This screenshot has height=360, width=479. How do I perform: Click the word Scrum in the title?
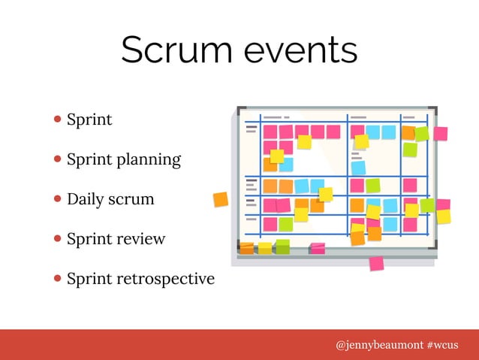[175, 50]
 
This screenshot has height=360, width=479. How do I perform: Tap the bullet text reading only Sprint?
[89, 119]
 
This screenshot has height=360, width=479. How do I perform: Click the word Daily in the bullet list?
[85, 200]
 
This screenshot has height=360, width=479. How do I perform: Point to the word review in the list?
[140, 239]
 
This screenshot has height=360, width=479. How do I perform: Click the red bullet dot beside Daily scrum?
[58, 200]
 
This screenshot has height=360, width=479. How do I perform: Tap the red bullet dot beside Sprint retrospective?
[58, 279]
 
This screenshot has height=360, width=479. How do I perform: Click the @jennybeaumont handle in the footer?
[378, 344]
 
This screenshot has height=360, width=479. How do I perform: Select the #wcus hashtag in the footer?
[443, 344]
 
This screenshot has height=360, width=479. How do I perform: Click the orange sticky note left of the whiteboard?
[220, 199]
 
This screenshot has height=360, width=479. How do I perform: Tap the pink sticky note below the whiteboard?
[376, 263]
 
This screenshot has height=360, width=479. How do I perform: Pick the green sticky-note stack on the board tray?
[282, 247]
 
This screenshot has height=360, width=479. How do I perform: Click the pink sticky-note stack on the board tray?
[318, 247]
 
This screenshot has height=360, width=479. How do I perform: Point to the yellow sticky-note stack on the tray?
[264, 247]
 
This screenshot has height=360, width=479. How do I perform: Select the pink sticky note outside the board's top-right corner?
[441, 133]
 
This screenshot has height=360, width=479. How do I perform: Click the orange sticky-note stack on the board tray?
[246, 247]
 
